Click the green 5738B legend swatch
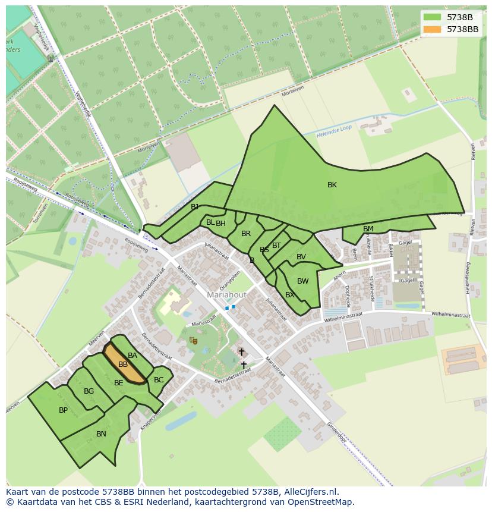point(432,17)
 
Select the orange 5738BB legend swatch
point(432,29)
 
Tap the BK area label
point(332,185)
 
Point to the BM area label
point(368,229)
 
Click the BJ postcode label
point(195,207)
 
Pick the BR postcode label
point(246,234)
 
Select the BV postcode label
point(301,257)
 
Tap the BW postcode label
point(303,281)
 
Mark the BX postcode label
point(290,295)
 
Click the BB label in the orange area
point(123,365)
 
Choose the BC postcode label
point(159,380)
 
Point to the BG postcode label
point(89,391)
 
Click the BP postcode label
point(63,410)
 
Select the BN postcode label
point(101,434)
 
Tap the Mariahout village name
point(226,295)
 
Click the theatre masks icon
point(193,340)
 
